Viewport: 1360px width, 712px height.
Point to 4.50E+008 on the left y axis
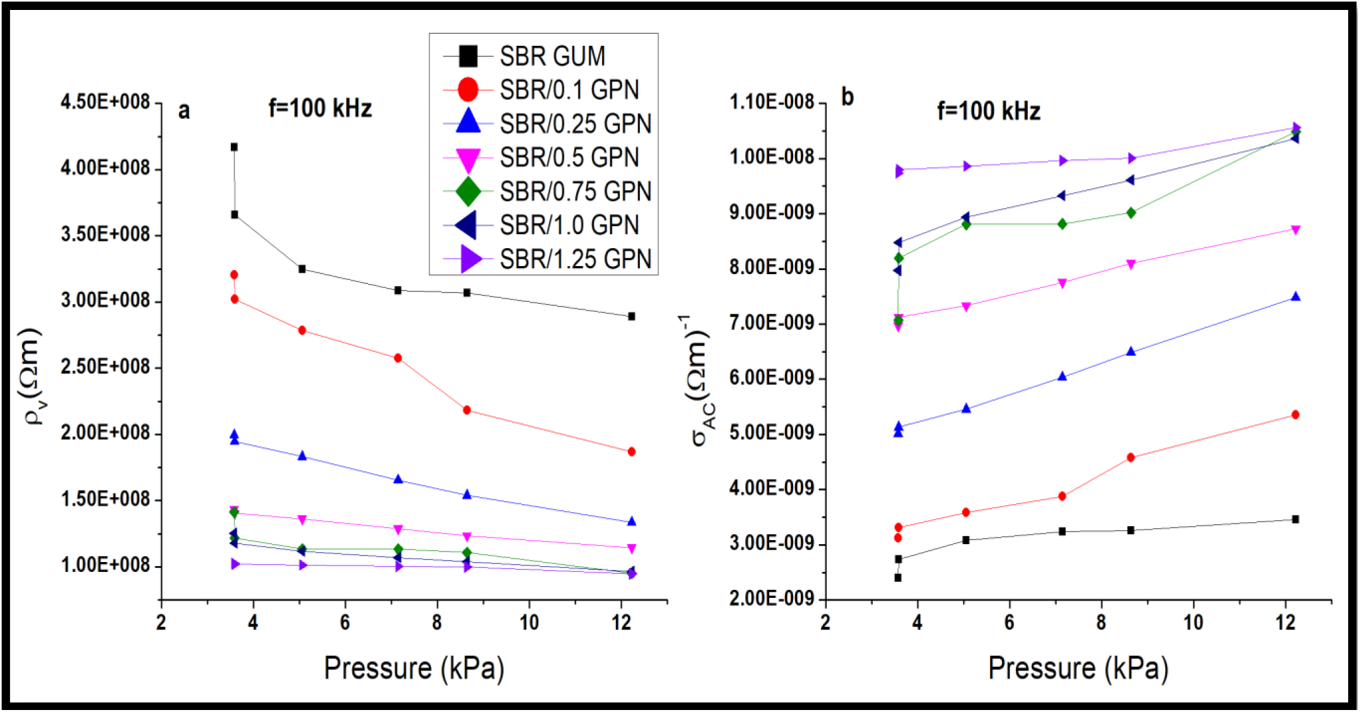105,102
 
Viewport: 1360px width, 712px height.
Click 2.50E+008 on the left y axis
105,367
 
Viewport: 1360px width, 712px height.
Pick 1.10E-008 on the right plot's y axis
772,102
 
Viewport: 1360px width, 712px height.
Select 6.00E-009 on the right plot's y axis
772,378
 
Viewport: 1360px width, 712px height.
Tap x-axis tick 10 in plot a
529,623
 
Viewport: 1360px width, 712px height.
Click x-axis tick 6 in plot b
1009,623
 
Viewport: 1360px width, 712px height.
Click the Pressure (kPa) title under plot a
414,668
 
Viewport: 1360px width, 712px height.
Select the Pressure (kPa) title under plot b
1078,668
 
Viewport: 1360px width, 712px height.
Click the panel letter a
184,111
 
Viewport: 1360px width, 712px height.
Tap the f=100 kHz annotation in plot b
988,111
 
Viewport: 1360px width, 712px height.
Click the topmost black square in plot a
234,147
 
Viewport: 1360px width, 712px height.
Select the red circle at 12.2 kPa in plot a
631,452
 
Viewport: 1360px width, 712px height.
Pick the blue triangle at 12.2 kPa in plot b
1296,297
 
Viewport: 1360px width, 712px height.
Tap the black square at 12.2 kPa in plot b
1296,520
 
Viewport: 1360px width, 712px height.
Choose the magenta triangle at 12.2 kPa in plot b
1296,230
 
